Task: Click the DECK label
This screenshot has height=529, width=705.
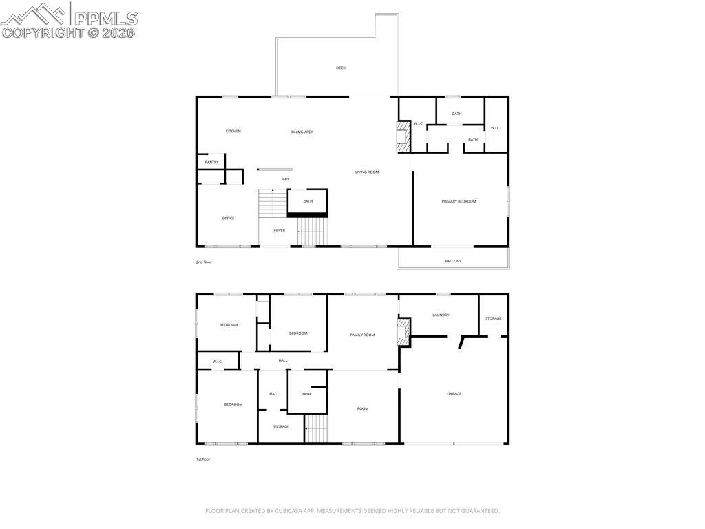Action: pos(341,68)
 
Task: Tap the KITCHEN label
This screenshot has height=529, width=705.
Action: pos(233,131)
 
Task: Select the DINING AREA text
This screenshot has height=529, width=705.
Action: pos(302,132)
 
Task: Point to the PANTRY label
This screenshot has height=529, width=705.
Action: pos(211,163)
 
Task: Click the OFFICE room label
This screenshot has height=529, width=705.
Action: pos(228,218)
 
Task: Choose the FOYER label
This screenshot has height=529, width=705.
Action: pos(279,231)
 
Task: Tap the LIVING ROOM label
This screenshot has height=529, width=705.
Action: pos(367,172)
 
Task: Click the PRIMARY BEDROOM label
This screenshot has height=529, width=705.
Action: pos(459,201)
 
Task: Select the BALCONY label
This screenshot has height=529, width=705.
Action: pos(453,261)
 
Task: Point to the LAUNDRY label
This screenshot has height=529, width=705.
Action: pos(441,315)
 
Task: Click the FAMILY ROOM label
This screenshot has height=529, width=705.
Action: pos(362,335)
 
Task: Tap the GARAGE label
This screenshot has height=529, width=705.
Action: pos(454,393)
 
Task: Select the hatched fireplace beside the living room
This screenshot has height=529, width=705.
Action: pos(403,136)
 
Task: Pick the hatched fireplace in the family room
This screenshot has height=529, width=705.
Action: pos(403,330)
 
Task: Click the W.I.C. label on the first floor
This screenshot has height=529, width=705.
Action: pos(217,362)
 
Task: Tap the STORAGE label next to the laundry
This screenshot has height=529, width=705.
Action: pos(493,318)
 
